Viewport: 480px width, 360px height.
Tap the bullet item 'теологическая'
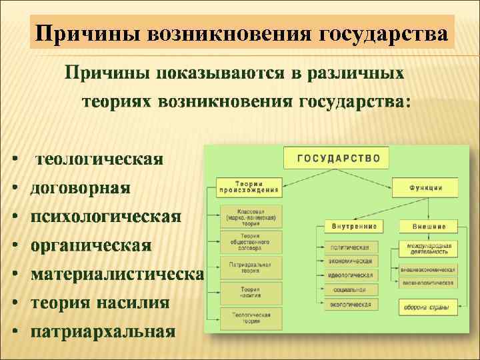pyautogui.click(x=99, y=160)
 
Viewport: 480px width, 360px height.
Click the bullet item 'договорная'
pyautogui.click(x=81, y=188)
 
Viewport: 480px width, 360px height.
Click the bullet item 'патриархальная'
pyautogui.click(x=103, y=331)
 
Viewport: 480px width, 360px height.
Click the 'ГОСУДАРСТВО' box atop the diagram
pyautogui.click(x=338, y=159)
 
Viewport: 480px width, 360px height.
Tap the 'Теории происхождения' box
pyautogui.click(x=248, y=187)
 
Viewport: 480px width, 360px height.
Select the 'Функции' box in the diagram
pyautogui.click(x=425, y=187)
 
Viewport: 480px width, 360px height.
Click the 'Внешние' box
pyautogui.click(x=428, y=227)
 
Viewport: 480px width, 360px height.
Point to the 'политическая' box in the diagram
pyautogui.click(x=349, y=246)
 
